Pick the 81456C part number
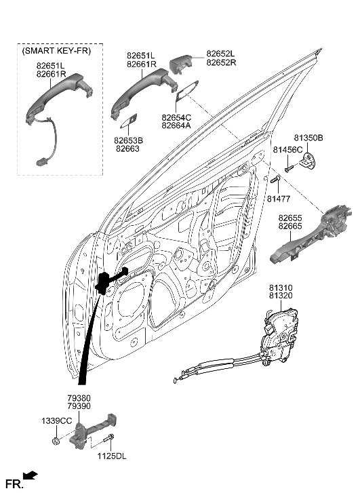287,149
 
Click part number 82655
289,218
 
